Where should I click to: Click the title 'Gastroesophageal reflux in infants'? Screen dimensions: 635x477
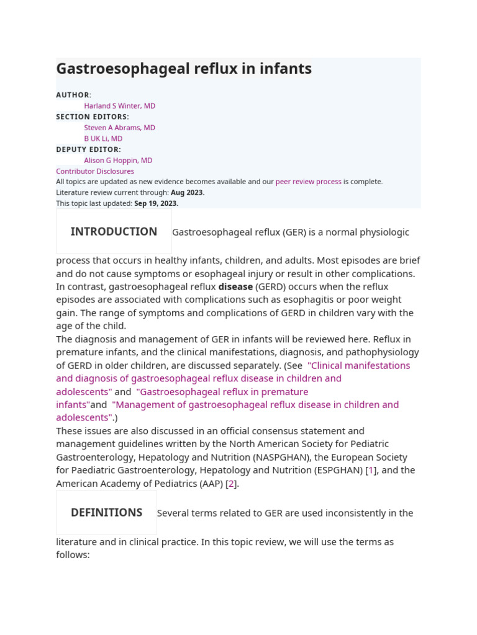(x=184, y=69)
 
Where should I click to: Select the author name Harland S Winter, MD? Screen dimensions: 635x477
(x=120, y=106)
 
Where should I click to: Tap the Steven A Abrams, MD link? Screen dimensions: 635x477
(x=120, y=128)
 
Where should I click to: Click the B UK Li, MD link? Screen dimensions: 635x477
(x=103, y=138)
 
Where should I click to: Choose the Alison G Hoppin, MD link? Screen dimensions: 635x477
(x=118, y=160)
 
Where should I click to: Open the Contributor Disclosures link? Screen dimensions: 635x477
(x=95, y=171)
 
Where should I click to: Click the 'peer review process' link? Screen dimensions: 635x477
(x=308, y=182)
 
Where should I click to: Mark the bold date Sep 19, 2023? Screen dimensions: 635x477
(x=155, y=203)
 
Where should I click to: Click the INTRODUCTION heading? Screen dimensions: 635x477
(x=114, y=232)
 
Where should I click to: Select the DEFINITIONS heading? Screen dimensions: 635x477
(x=107, y=513)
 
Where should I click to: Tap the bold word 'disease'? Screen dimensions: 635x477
(x=235, y=286)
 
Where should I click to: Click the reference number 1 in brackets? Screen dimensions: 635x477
(x=371, y=470)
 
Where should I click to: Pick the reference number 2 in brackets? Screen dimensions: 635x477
(x=231, y=484)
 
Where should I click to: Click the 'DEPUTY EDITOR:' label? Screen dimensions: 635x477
(x=88, y=149)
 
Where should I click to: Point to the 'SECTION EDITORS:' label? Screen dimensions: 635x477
(x=93, y=117)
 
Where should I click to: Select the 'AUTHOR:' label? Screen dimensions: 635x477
(x=73, y=95)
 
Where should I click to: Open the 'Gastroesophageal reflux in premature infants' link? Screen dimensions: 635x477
(x=222, y=392)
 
